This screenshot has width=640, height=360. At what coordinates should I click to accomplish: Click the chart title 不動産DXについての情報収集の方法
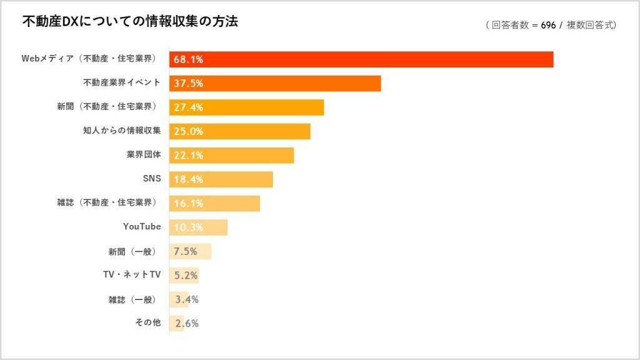(x=130, y=22)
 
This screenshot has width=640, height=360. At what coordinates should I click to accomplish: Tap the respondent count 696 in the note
(x=547, y=25)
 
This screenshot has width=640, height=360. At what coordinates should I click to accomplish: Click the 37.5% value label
(x=189, y=84)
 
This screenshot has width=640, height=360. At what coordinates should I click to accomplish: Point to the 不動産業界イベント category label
(x=122, y=82)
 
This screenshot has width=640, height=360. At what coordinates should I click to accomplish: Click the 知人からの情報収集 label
(x=122, y=131)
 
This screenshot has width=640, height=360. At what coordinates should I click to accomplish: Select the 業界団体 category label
(x=144, y=155)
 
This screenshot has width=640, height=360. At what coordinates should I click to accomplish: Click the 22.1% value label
(x=189, y=156)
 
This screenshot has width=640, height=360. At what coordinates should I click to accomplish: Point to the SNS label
(x=152, y=179)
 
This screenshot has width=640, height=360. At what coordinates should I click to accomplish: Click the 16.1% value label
(x=189, y=204)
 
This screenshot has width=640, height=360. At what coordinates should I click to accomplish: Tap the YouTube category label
(x=142, y=227)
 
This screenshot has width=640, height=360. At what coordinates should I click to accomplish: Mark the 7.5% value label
(x=186, y=252)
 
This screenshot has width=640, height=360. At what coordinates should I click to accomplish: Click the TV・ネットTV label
(x=132, y=275)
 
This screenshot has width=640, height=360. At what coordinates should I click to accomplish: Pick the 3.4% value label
(x=187, y=300)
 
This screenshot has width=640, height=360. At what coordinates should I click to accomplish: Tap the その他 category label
(x=147, y=323)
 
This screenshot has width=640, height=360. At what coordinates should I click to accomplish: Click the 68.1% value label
(x=189, y=60)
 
